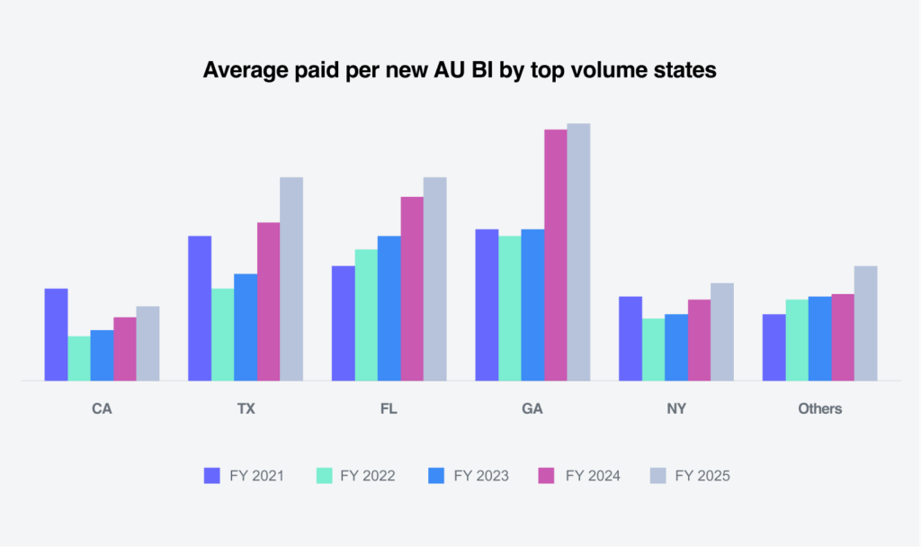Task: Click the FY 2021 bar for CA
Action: (x=56, y=335)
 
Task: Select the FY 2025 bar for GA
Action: (x=578, y=252)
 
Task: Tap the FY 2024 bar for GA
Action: (x=555, y=256)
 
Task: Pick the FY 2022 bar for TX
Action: (x=222, y=335)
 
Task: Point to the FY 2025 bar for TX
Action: (x=291, y=279)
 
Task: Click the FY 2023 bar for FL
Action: (x=389, y=308)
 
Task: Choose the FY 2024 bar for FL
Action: (x=412, y=289)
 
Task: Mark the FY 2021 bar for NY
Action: (x=630, y=338)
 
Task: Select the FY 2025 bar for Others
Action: (x=865, y=323)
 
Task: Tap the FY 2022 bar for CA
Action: (x=79, y=358)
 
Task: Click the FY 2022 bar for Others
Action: (x=797, y=340)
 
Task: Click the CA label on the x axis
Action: (x=102, y=408)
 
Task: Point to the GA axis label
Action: (x=532, y=408)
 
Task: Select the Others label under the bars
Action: (x=819, y=408)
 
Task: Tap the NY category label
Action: (x=676, y=408)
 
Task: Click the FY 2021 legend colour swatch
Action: (x=212, y=476)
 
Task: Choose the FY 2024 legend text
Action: (x=593, y=476)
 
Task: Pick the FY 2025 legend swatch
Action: (x=657, y=476)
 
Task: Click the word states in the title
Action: (x=685, y=70)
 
